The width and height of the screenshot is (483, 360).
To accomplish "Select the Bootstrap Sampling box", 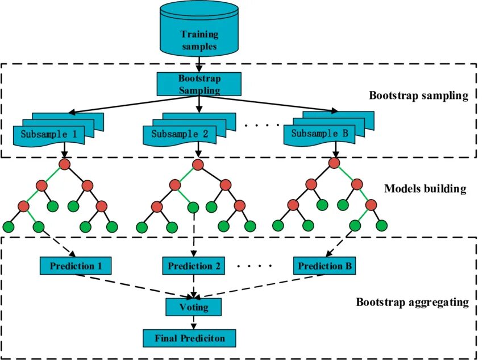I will [x=199, y=84].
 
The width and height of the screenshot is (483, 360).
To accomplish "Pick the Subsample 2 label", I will [x=179, y=135].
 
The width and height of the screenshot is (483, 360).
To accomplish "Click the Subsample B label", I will [x=320, y=135].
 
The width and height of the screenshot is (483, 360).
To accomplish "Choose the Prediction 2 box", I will [x=194, y=266].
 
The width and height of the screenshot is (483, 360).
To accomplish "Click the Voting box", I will [x=194, y=307].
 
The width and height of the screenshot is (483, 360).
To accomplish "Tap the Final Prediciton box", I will [x=189, y=338].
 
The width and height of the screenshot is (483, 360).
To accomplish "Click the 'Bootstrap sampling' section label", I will [x=418, y=95].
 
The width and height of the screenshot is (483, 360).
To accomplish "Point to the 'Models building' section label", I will [x=425, y=189].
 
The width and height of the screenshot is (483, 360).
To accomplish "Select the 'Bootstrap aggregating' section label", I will [x=412, y=302].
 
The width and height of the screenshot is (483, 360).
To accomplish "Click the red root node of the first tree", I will [x=64, y=164].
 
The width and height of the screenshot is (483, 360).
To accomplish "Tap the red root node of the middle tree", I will [x=198, y=164].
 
